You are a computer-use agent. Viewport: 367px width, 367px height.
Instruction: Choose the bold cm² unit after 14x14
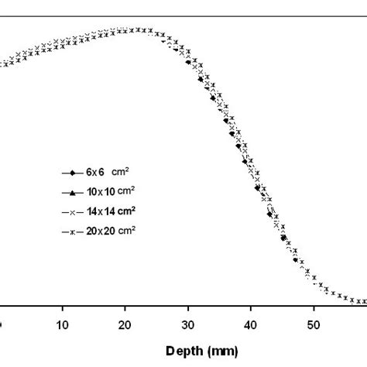pos(131,210)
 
